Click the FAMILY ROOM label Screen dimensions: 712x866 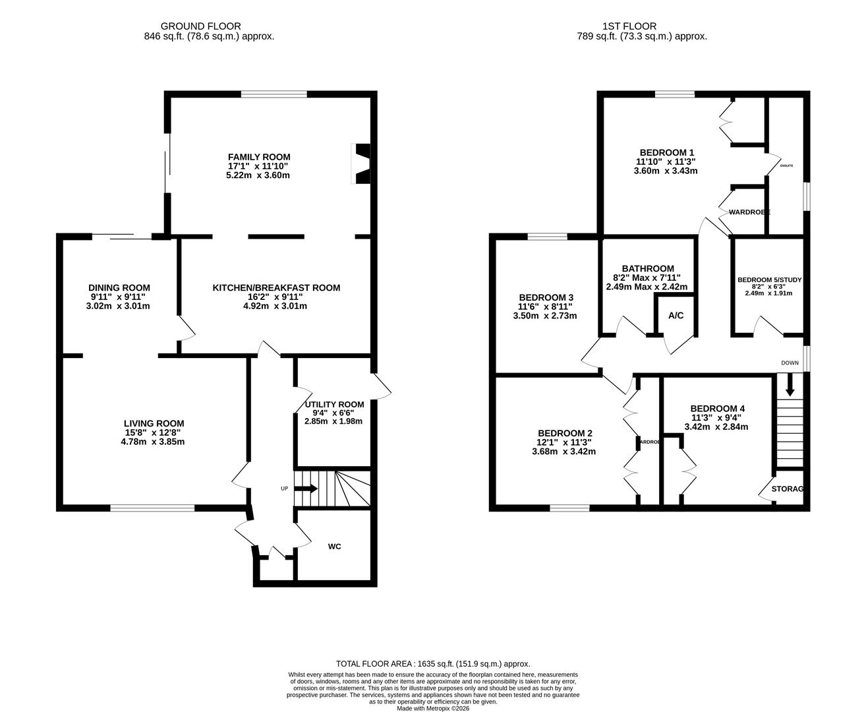tap(259, 157)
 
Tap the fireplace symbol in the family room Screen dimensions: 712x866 tap(362, 164)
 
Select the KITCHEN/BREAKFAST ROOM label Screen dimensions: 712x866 tap(276, 287)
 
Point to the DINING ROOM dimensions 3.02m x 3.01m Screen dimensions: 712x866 tap(118, 306)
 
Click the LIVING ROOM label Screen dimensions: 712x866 tap(154, 423)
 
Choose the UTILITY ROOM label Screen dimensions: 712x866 tap(334, 404)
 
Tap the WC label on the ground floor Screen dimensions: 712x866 tap(335, 547)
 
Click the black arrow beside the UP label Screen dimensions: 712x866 tap(306, 489)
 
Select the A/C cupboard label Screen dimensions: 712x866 tap(676, 316)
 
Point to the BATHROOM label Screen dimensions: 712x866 tap(648, 268)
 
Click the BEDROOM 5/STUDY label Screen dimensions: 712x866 tap(769, 280)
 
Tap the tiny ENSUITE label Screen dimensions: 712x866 tap(786, 165)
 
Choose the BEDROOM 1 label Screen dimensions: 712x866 tap(665, 152)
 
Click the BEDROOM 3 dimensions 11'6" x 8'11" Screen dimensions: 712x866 tap(545, 307)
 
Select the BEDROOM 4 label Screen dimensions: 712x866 tap(717, 408)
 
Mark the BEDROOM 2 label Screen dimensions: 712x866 tap(565, 433)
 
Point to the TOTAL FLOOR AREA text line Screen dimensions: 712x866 tap(433, 664)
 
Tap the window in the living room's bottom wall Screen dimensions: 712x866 tap(152, 508)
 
